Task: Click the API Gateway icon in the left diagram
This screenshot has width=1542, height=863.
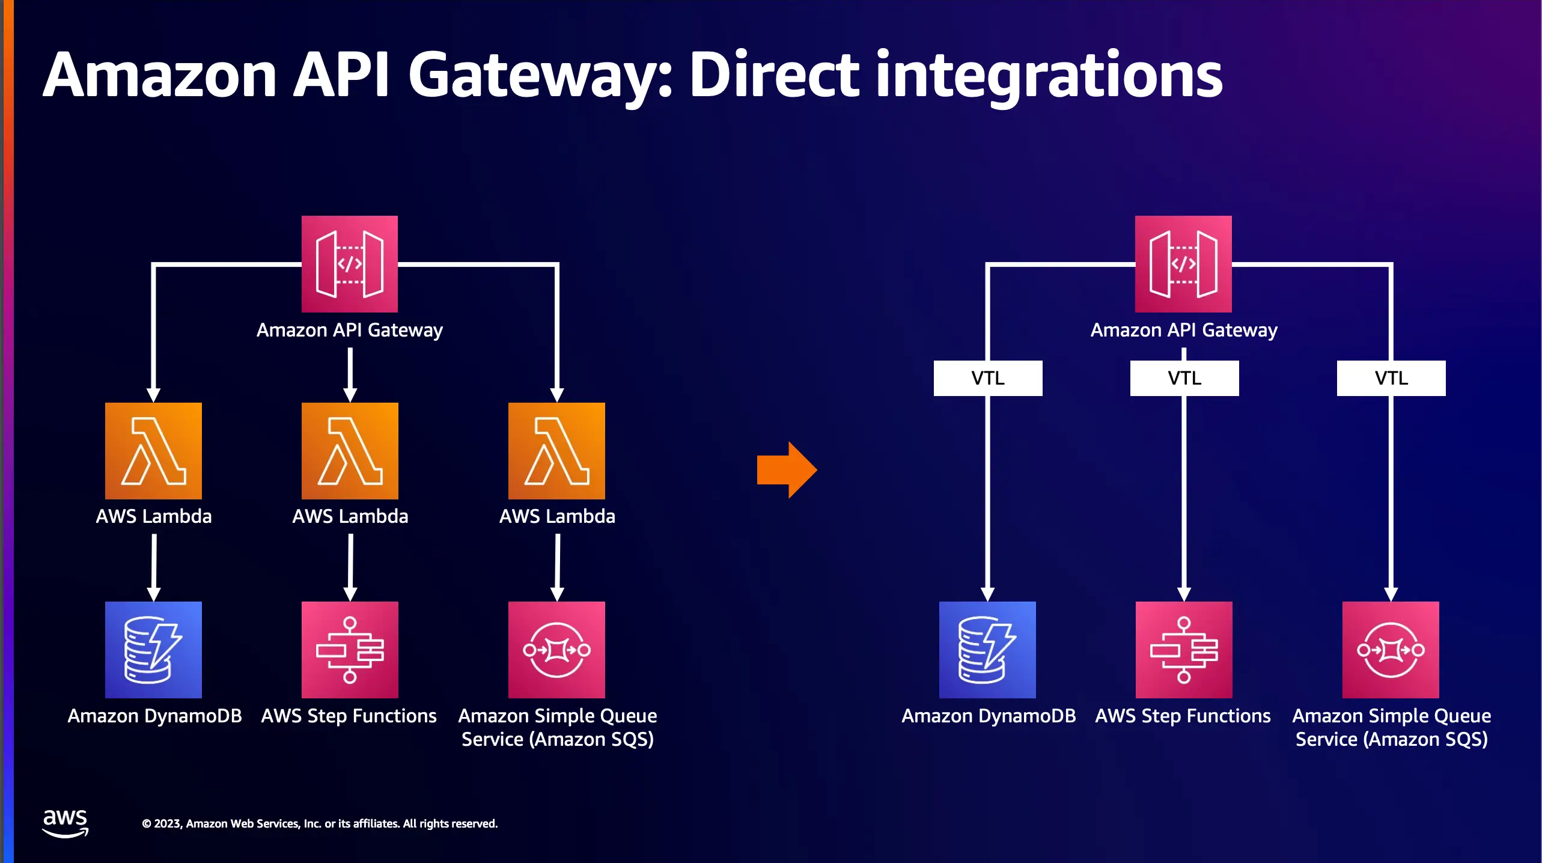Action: pyautogui.click(x=350, y=264)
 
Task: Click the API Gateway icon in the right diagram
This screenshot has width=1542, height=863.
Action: pyautogui.click(x=1183, y=264)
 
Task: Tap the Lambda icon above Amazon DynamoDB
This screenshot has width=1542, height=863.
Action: pyautogui.click(x=153, y=451)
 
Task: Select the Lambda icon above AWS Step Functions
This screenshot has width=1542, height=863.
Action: pyautogui.click(x=350, y=451)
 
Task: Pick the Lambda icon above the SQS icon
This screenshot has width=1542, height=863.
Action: pyautogui.click(x=556, y=451)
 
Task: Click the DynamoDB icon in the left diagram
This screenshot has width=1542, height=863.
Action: pyautogui.click(x=153, y=650)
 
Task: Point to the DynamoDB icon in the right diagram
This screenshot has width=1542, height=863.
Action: pyautogui.click(x=987, y=650)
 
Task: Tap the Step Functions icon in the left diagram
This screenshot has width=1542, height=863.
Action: pyautogui.click(x=350, y=650)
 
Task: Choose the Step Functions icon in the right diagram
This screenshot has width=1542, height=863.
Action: pyautogui.click(x=1184, y=650)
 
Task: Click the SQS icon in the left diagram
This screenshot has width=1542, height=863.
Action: pyautogui.click(x=556, y=650)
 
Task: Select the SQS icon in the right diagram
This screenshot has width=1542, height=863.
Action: pyautogui.click(x=1391, y=650)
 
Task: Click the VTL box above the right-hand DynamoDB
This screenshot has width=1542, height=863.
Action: pyautogui.click(x=988, y=378)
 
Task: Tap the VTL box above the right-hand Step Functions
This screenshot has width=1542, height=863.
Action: pyautogui.click(x=1184, y=378)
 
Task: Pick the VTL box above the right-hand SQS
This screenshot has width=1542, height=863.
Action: pyautogui.click(x=1391, y=378)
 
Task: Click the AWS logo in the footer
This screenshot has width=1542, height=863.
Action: pyautogui.click(x=66, y=823)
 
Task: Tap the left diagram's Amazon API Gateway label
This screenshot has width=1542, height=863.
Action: pyautogui.click(x=350, y=330)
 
